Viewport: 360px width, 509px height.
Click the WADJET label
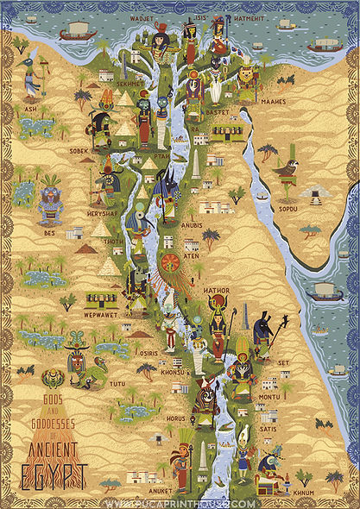[x=141, y=16]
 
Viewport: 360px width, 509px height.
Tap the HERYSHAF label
[x=102, y=212]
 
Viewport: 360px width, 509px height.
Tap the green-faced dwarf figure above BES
[x=50, y=199]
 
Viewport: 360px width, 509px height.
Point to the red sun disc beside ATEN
[x=171, y=260]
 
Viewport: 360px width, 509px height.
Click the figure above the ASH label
[x=32, y=76]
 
